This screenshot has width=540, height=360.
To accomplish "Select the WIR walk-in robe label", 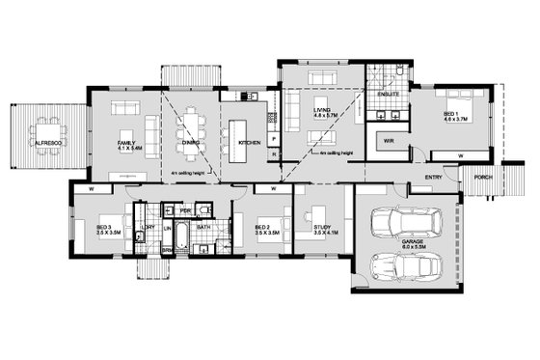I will (390, 141).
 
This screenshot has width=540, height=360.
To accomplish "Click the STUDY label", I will (321, 228).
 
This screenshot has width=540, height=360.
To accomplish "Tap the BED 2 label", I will (260, 228).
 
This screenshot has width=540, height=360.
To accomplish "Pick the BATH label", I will (203, 228).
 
